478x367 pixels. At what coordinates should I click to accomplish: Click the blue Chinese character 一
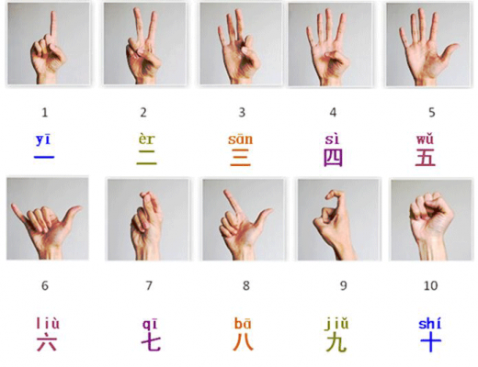45,158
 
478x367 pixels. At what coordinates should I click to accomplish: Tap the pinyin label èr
146,139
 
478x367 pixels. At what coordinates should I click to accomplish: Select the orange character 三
241,157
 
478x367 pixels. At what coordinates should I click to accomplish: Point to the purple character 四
333,157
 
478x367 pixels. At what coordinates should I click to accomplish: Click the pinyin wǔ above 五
425,139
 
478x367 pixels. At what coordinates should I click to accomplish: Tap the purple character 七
151,343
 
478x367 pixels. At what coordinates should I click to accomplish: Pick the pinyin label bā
244,324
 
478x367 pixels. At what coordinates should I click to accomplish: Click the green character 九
336,343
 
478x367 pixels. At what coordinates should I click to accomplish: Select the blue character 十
429,343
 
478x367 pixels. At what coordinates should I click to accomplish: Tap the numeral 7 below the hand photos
149,285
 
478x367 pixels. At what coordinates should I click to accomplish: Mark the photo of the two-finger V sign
145,43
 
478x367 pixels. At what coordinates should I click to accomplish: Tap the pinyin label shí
429,324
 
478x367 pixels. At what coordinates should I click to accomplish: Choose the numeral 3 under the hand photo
242,113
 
